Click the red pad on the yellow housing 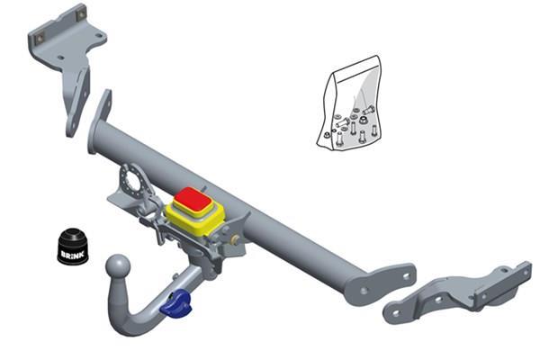[193, 200]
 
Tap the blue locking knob [177, 304]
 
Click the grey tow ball [118, 265]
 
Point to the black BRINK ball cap [73, 246]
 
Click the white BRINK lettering [72, 255]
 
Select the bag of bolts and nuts [350, 103]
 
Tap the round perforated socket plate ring [133, 182]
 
